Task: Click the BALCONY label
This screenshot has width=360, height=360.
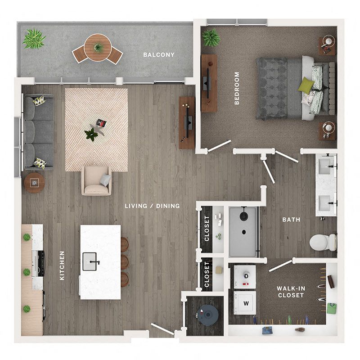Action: [x=159, y=55]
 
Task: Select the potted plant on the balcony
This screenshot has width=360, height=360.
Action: [x=34, y=39]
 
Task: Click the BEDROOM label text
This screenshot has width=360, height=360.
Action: [x=237, y=88]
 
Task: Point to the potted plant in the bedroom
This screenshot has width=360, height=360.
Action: [x=211, y=38]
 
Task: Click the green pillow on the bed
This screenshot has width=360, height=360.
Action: [x=306, y=85]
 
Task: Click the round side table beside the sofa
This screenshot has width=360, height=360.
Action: [x=34, y=183]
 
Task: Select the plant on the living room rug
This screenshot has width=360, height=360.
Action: [x=92, y=134]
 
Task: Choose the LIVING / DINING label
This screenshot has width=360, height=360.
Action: [x=153, y=206]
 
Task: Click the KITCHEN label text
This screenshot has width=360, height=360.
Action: [x=62, y=265]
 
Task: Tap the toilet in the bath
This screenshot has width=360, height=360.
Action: [x=322, y=242]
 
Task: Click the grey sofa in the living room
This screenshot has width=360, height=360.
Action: [x=39, y=130]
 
